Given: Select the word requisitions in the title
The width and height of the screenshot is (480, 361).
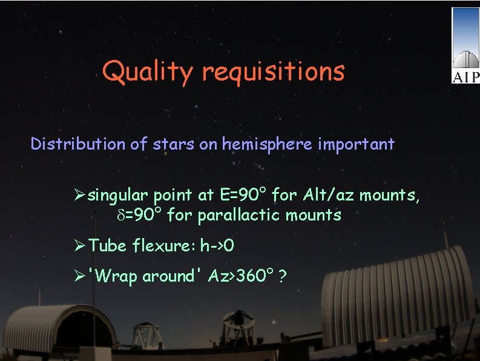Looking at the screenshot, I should [273, 71].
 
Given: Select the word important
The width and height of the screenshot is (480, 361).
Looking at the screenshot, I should [360, 144].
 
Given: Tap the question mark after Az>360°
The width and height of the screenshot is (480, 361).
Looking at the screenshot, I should [283, 276].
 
